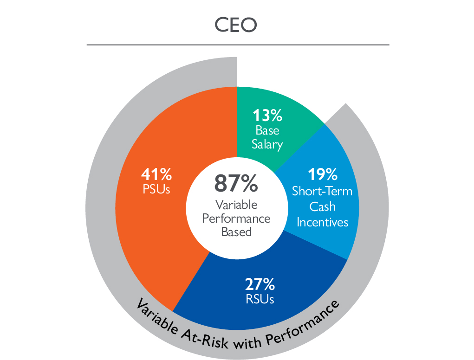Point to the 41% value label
(156, 175)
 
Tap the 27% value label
(260, 283)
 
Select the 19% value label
(322, 175)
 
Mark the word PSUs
(156, 190)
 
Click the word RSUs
(260, 298)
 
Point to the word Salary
(267, 144)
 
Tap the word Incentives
(322, 222)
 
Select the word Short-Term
(322, 191)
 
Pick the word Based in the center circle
(236, 231)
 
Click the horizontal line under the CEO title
(238, 45)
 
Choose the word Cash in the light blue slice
(322, 207)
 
